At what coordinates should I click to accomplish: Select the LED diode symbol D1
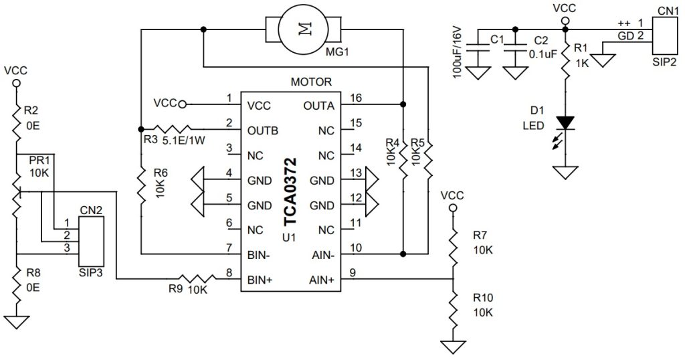click(566, 124)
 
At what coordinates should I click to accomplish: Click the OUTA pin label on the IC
click(318, 105)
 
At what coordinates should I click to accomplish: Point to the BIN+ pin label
click(258, 279)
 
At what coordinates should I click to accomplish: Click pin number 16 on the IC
click(355, 98)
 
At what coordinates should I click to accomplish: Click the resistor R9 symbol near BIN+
click(194, 279)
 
